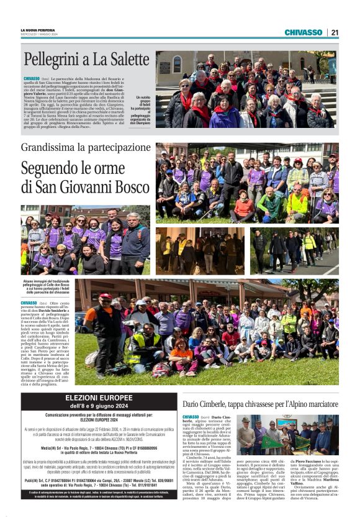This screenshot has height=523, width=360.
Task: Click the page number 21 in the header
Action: coord(335,32)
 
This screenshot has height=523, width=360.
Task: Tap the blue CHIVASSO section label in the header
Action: coord(303,32)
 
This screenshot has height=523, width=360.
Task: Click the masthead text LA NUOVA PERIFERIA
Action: coord(38,30)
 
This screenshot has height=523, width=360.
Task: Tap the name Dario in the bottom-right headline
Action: coord(192,404)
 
